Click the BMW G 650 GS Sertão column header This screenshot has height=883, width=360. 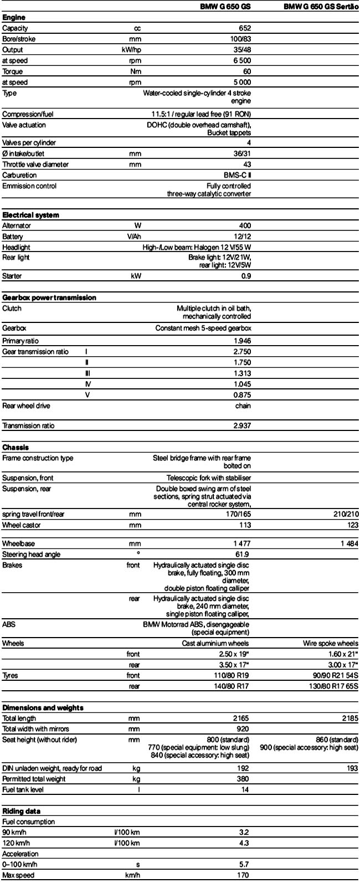pos(320,7)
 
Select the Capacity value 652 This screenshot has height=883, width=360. pos(244,28)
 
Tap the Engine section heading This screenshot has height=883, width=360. pos(13,18)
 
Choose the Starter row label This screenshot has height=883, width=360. pos(12,276)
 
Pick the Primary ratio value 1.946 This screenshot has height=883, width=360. pos(243,341)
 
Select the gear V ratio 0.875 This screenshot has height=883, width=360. pos(243,395)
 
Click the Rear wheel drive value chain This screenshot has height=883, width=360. pos(243,406)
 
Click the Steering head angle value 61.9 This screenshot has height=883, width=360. pos(244,554)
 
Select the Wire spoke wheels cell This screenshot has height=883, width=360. pos(331,644)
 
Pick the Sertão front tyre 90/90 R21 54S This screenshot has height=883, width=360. pos(330,676)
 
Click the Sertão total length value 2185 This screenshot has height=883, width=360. pos(350,719)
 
